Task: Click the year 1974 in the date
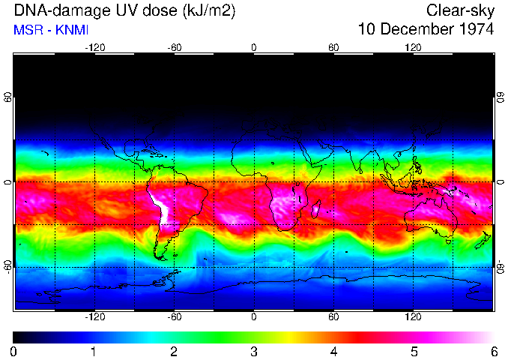(471, 29)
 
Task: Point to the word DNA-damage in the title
(53, 10)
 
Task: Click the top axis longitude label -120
(94, 47)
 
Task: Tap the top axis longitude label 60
(333, 47)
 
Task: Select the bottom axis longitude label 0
(254, 317)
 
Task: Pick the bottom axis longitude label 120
(413, 317)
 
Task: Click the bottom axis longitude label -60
(175, 317)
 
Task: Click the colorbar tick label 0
(14, 351)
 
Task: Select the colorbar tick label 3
(254, 351)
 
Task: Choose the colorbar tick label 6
(493, 351)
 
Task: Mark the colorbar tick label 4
(333, 351)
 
